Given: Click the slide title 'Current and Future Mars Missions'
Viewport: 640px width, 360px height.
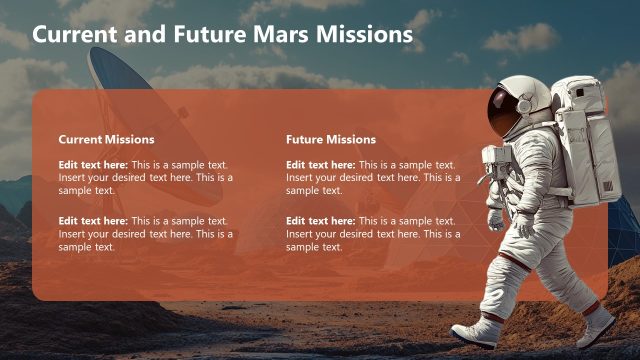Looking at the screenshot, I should (222, 34).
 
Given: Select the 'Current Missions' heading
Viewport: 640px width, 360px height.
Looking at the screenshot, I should (106, 139).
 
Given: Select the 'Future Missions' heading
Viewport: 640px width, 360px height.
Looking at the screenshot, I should (331, 139).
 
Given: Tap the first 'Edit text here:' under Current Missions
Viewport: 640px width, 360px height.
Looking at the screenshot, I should (93, 165).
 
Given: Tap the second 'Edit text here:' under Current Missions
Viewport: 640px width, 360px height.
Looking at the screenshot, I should (93, 221).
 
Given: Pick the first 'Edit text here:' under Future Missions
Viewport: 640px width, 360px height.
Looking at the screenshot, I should (320, 165).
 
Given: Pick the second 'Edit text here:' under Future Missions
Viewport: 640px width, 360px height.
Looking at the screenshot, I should (320, 221).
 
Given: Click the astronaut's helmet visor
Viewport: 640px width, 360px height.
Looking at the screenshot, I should (502, 109).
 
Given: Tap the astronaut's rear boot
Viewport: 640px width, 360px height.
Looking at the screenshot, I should (597, 323).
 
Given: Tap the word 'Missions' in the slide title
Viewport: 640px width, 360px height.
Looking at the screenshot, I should (364, 34).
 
